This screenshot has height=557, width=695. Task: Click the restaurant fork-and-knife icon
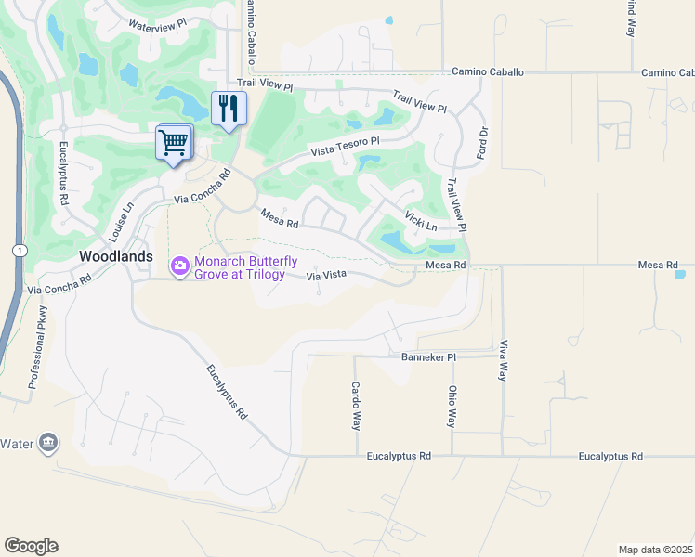227,109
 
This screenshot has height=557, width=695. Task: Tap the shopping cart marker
173,143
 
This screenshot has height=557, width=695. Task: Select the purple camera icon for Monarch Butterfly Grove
180,266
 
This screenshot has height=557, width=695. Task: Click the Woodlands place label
116,255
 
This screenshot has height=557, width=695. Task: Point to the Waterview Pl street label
157,26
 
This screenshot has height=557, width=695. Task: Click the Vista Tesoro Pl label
346,146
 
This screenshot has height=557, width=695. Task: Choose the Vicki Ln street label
421,221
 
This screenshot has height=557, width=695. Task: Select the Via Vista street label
326,275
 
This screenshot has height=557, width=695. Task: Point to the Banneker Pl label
428,356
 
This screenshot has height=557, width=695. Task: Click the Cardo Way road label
355,406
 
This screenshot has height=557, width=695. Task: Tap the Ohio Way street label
452,407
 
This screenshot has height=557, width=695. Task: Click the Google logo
31,545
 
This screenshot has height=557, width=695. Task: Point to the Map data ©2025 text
655,550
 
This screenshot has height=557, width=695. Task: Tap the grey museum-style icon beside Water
47,444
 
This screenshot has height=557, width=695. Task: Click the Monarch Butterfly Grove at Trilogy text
245,268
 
